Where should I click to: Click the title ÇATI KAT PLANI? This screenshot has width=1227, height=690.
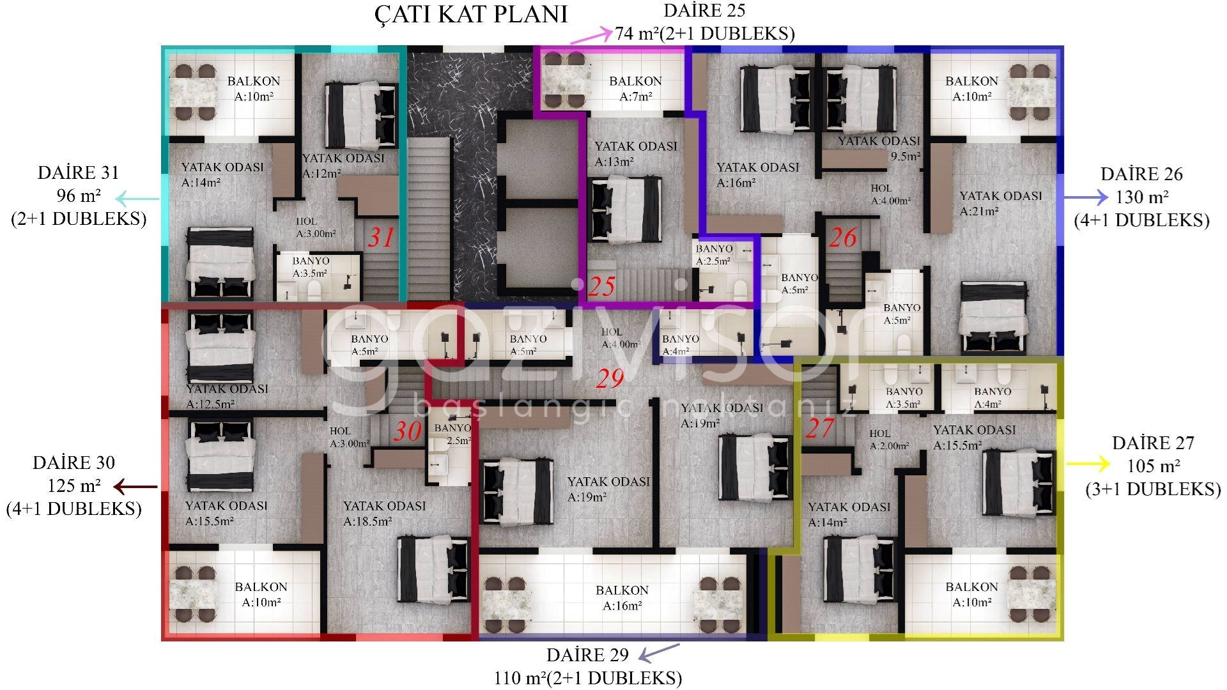[471, 15]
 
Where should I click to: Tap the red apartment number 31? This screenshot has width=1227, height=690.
[381, 238]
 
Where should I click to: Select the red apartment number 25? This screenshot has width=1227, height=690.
[601, 287]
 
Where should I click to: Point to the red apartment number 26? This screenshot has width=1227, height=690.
[842, 238]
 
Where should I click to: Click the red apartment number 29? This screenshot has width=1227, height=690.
[610, 379]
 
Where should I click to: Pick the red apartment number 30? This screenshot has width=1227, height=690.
[407, 431]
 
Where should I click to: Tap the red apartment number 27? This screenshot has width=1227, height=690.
[820, 428]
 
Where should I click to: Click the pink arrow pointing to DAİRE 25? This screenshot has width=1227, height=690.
[590, 36]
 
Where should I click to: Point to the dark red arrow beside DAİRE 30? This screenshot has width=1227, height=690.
[135, 487]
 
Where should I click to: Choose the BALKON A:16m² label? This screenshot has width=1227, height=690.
[622, 598]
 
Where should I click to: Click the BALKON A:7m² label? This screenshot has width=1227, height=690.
[635, 89]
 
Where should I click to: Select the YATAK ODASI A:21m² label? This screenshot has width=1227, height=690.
[1000, 204]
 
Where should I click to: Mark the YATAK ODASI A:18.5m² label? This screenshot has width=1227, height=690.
[384, 514]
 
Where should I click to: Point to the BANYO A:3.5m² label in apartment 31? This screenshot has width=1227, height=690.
[311, 267]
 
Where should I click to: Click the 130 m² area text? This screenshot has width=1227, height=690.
[1142, 197]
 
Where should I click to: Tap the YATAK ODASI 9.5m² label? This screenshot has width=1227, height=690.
[879, 148]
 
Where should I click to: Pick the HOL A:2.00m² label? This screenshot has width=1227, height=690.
[889, 440]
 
